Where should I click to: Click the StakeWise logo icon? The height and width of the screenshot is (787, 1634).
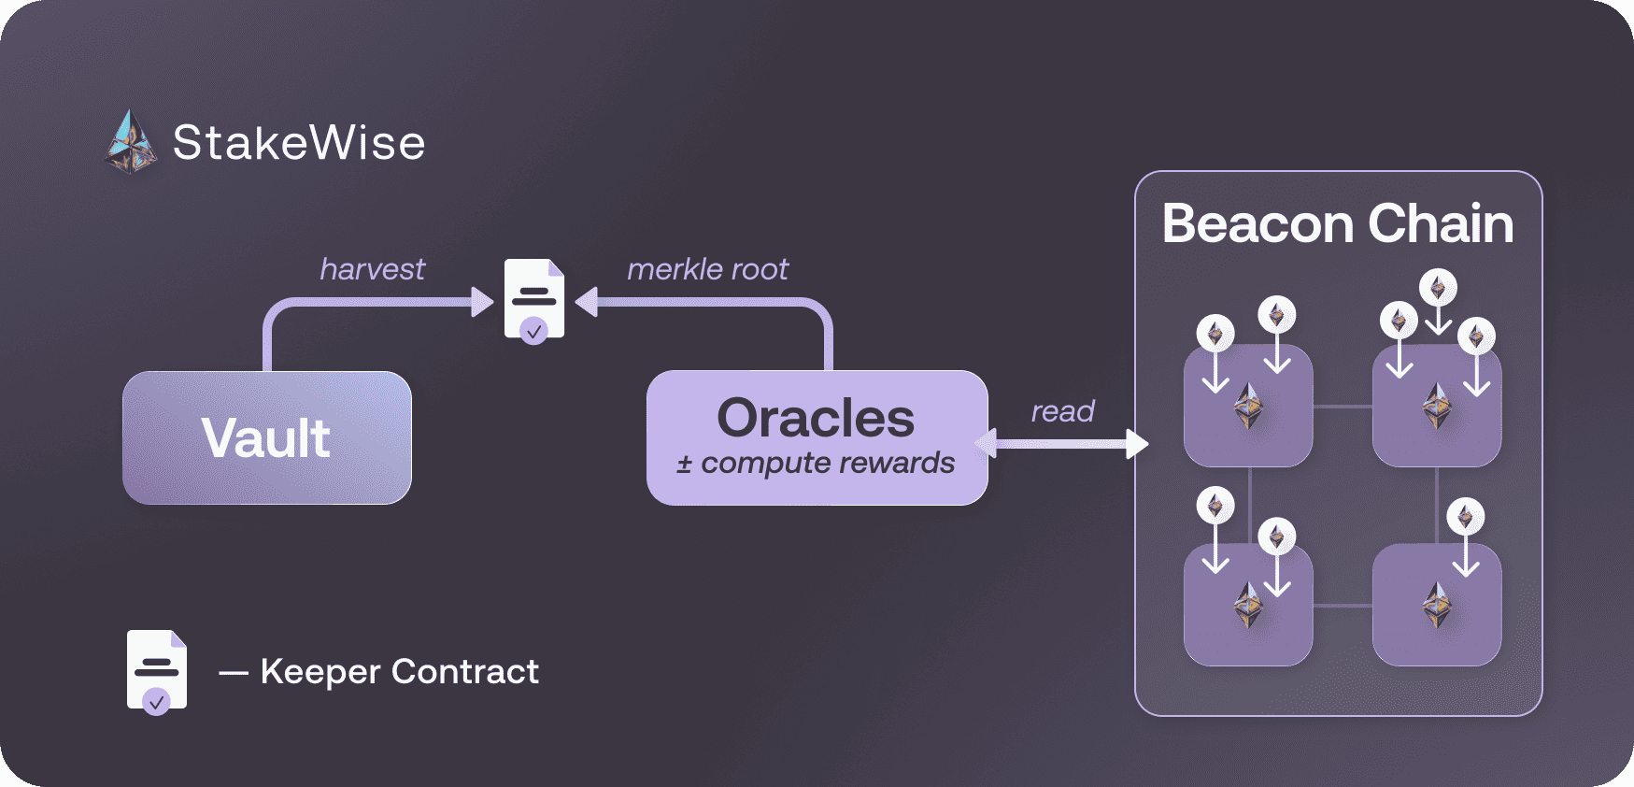(x=131, y=143)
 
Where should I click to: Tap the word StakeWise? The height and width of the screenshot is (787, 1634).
(x=299, y=143)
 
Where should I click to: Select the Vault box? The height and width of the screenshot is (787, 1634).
(x=267, y=437)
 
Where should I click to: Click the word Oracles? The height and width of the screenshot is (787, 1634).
(x=816, y=418)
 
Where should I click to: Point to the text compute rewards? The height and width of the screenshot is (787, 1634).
(x=827, y=463)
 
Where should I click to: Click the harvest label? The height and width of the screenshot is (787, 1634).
(x=372, y=269)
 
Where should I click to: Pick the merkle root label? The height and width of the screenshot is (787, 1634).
(x=707, y=269)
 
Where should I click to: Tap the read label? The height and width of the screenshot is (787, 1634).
(x=1062, y=411)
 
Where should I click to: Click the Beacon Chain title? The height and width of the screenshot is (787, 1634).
(x=1338, y=224)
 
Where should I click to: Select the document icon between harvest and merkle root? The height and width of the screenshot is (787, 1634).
(x=534, y=300)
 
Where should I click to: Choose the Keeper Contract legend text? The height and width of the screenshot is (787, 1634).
(x=399, y=671)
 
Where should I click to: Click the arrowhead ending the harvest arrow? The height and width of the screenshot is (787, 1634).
(x=482, y=302)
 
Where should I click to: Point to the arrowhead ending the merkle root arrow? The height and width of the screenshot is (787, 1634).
(x=587, y=302)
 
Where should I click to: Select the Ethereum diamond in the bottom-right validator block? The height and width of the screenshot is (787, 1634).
(x=1437, y=605)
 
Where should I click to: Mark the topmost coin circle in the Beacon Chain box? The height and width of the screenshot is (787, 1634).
(x=1438, y=288)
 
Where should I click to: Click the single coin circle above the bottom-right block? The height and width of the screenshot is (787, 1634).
(x=1465, y=516)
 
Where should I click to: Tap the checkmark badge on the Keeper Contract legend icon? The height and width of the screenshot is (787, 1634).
(x=156, y=701)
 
